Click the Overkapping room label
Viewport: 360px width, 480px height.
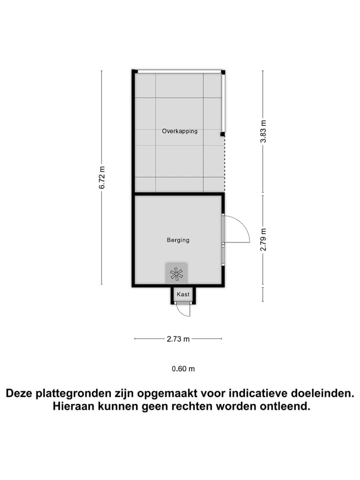pyautogui.click(x=179, y=131)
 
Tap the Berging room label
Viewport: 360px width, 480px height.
pyautogui.click(x=178, y=240)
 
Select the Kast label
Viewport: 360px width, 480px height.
pyautogui.click(x=183, y=295)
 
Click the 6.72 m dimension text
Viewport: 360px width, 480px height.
pyautogui.click(x=102, y=177)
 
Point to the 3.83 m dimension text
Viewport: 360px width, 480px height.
pyautogui.click(x=263, y=131)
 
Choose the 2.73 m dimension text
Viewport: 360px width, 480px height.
pyautogui.click(x=178, y=339)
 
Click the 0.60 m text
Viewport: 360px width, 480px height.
pyautogui.click(x=183, y=369)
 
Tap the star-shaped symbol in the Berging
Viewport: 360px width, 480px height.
pyautogui.click(x=176, y=273)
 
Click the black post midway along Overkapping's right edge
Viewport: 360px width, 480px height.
pyautogui.click(x=222, y=134)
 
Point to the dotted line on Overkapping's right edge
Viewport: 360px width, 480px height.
pyautogui.click(x=224, y=165)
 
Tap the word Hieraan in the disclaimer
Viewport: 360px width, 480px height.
pyautogui.click(x=72, y=406)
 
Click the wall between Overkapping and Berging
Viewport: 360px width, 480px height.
pyautogui.click(x=178, y=193)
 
